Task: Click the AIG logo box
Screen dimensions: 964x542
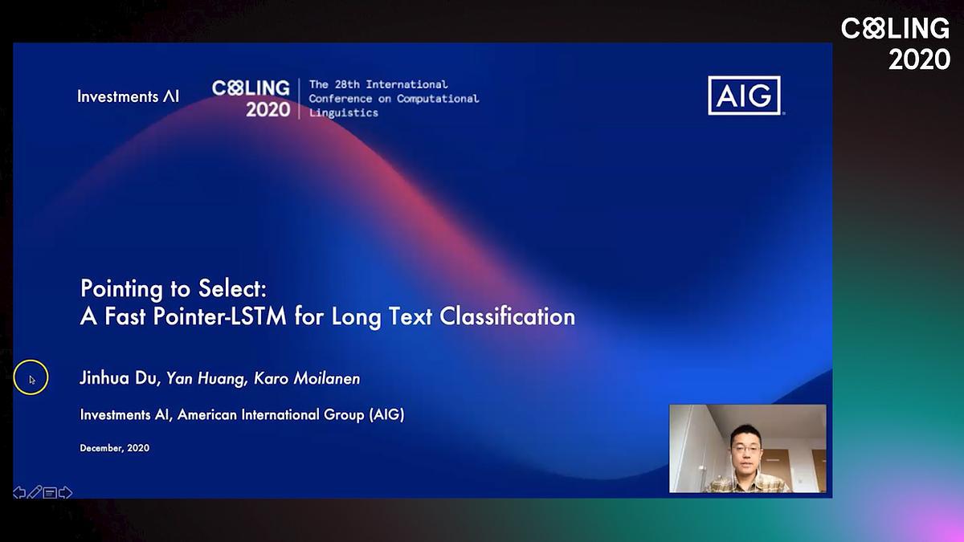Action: pyautogui.click(x=744, y=96)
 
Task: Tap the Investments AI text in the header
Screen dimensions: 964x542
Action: pyautogui.click(x=129, y=97)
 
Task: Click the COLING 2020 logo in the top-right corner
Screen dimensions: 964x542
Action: pyautogui.click(x=896, y=43)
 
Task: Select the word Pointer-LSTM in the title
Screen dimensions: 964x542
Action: pyautogui.click(x=220, y=316)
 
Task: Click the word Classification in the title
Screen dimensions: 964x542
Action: pyautogui.click(x=507, y=316)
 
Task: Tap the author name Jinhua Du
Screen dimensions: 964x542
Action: pyautogui.click(x=120, y=378)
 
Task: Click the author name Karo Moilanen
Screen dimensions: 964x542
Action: pyautogui.click(x=307, y=378)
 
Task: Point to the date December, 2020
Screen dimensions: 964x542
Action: pyautogui.click(x=114, y=448)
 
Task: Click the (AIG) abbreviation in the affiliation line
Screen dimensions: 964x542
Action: pyautogui.click(x=387, y=414)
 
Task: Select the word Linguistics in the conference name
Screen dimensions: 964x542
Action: pyautogui.click(x=344, y=112)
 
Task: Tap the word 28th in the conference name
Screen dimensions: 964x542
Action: pyautogui.click(x=347, y=84)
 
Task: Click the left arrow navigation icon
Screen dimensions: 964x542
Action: pyautogui.click(x=19, y=492)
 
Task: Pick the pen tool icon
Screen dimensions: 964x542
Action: pyautogui.click(x=35, y=492)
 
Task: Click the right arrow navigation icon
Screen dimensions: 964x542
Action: pyautogui.click(x=65, y=492)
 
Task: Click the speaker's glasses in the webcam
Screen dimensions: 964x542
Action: pyautogui.click(x=745, y=450)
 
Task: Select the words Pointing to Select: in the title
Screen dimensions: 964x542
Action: pyautogui.click(x=174, y=288)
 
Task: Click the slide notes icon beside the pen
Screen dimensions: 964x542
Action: pyautogui.click(x=50, y=492)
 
